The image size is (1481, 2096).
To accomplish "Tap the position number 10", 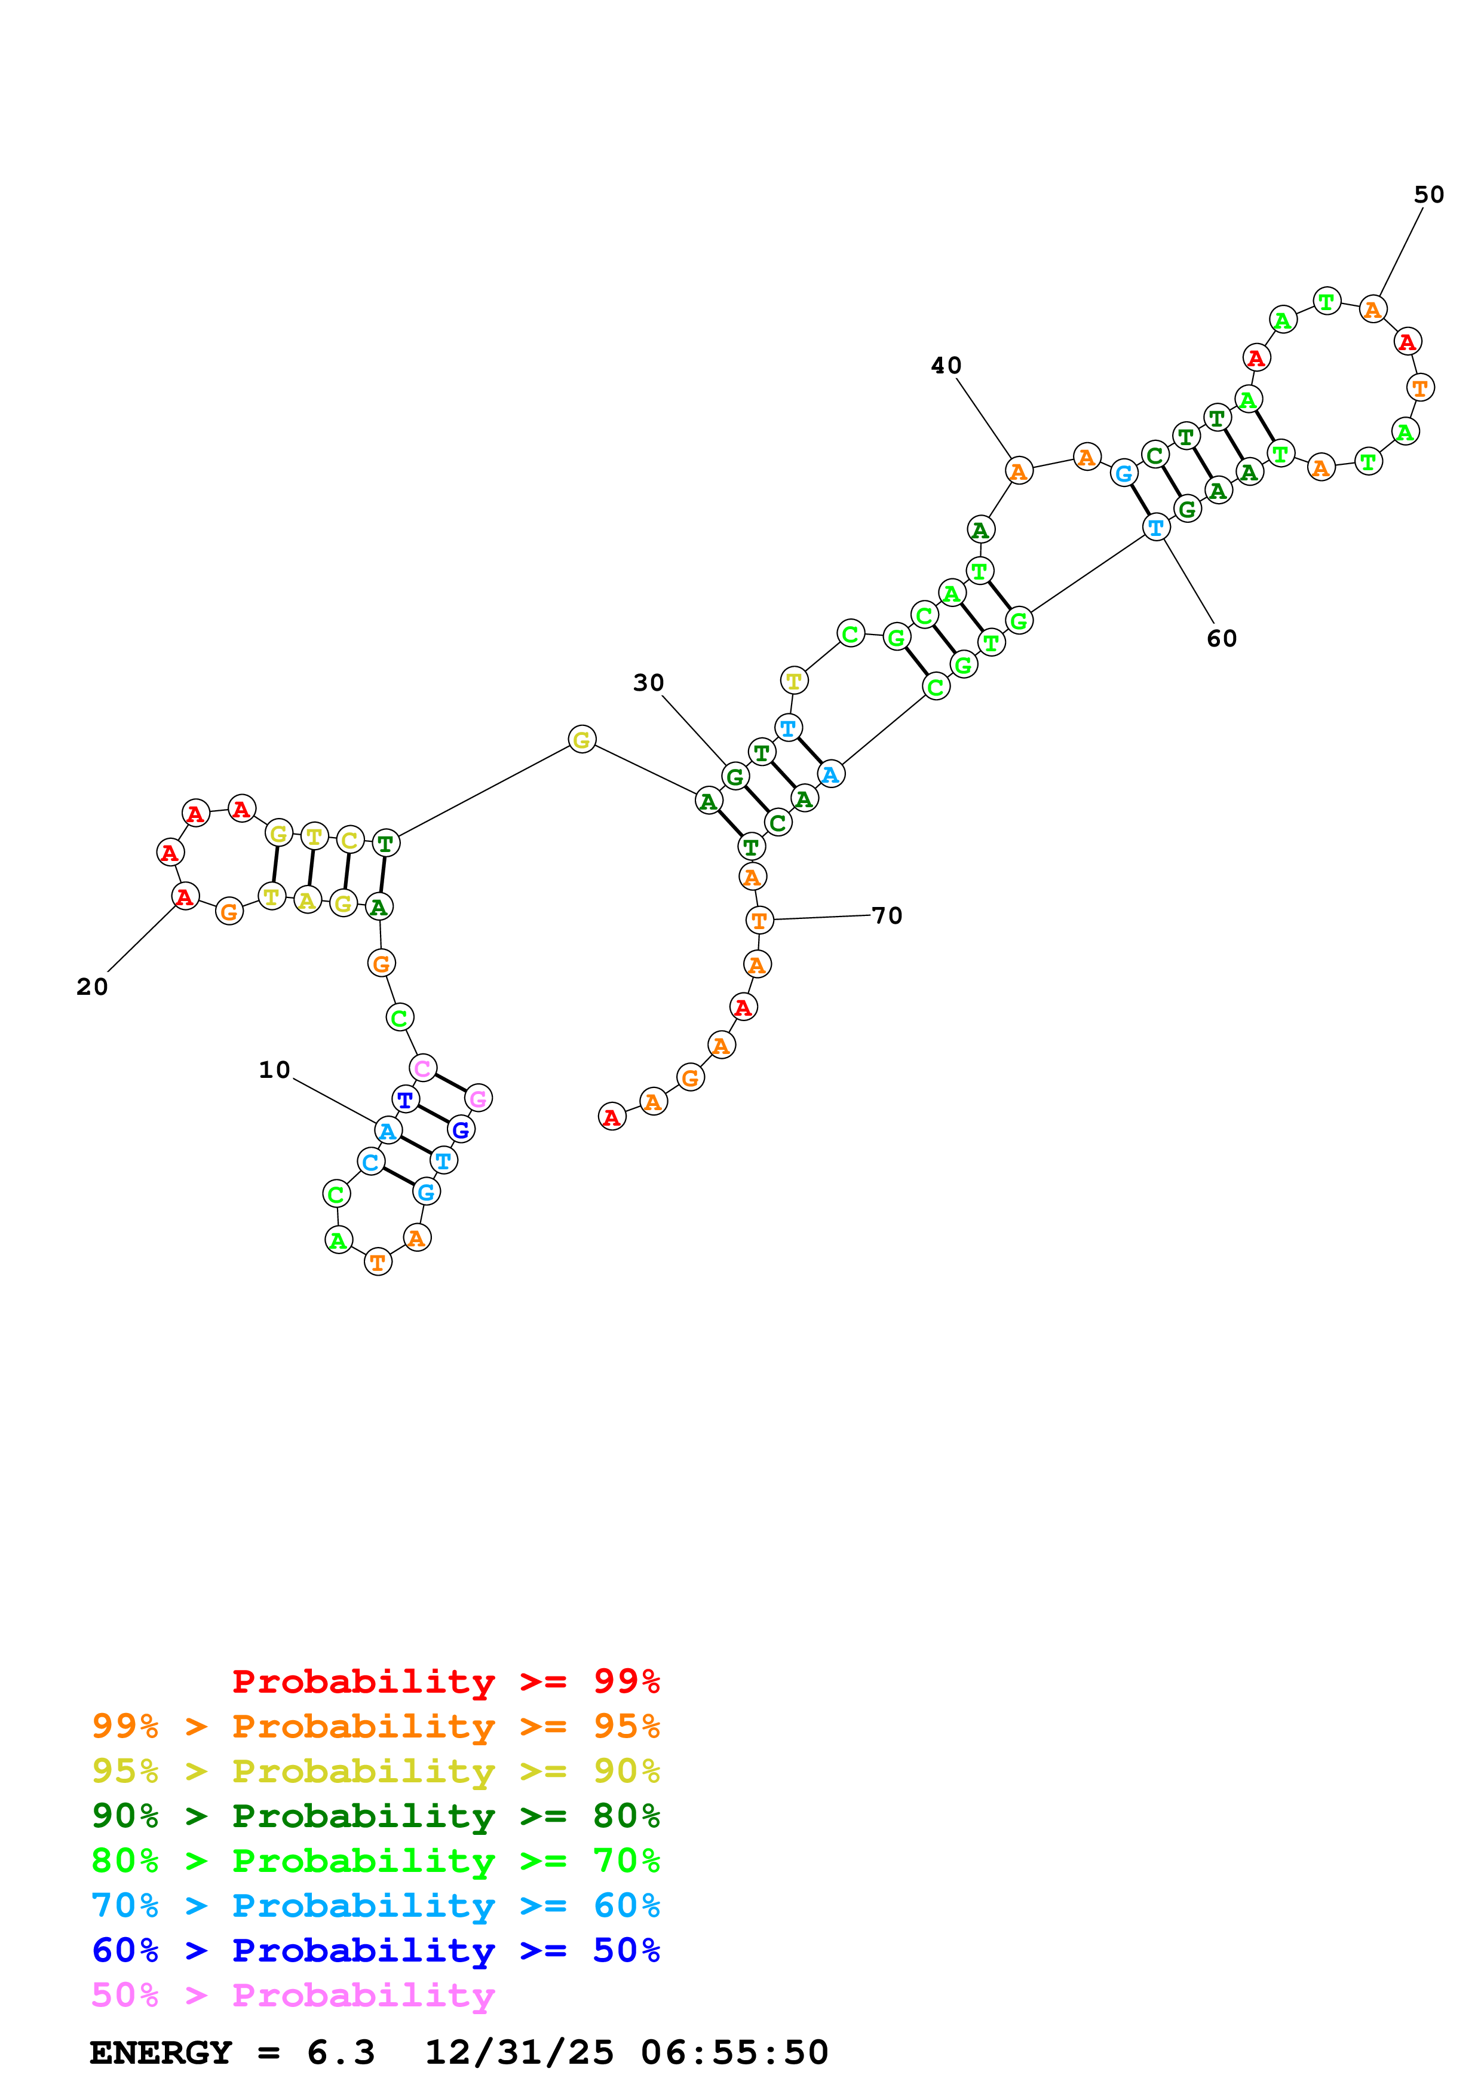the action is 274,1070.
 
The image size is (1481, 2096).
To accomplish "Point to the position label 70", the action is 887,915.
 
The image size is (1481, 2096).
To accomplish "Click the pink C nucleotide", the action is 422,1068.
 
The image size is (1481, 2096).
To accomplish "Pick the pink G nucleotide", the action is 478,1098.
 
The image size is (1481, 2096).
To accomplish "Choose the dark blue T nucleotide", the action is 405,1100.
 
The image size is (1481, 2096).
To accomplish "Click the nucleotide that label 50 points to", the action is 1372,310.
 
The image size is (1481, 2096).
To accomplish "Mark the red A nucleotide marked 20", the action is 185,896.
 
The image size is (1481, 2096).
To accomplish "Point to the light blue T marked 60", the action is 1156,528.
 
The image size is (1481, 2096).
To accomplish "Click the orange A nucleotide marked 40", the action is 1019,471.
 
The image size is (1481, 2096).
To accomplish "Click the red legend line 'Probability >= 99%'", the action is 445,1681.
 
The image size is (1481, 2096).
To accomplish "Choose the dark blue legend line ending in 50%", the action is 375,1950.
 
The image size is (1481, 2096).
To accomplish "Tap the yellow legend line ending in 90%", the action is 375,1771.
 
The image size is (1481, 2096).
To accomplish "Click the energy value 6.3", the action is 341,2052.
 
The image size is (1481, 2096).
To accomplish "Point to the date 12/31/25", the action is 519,2052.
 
